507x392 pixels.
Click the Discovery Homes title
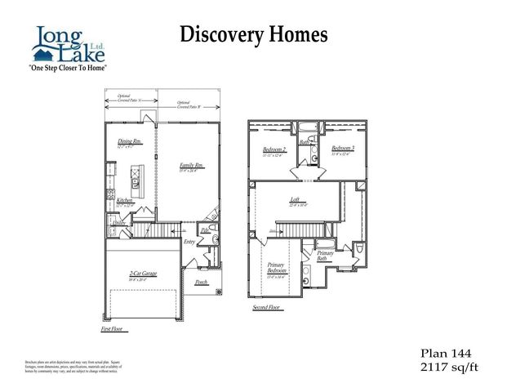click(x=253, y=34)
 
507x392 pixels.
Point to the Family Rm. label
click(x=191, y=167)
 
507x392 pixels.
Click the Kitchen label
click(x=124, y=200)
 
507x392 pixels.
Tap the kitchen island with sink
click(x=137, y=175)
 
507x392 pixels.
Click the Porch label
click(x=201, y=283)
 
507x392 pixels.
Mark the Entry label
click(x=189, y=242)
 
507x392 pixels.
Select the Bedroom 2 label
click(x=273, y=150)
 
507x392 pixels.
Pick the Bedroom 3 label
click(x=342, y=149)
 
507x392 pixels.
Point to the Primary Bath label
click(x=325, y=255)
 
